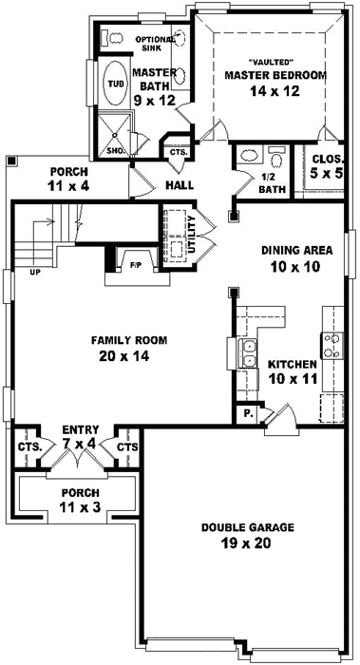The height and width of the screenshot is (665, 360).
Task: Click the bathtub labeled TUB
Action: [115, 84]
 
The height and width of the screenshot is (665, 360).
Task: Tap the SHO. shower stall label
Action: [114, 150]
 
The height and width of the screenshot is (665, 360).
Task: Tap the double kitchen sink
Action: [247, 353]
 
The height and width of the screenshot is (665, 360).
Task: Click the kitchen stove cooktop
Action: [332, 346]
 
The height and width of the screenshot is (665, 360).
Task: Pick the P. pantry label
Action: [248, 414]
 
